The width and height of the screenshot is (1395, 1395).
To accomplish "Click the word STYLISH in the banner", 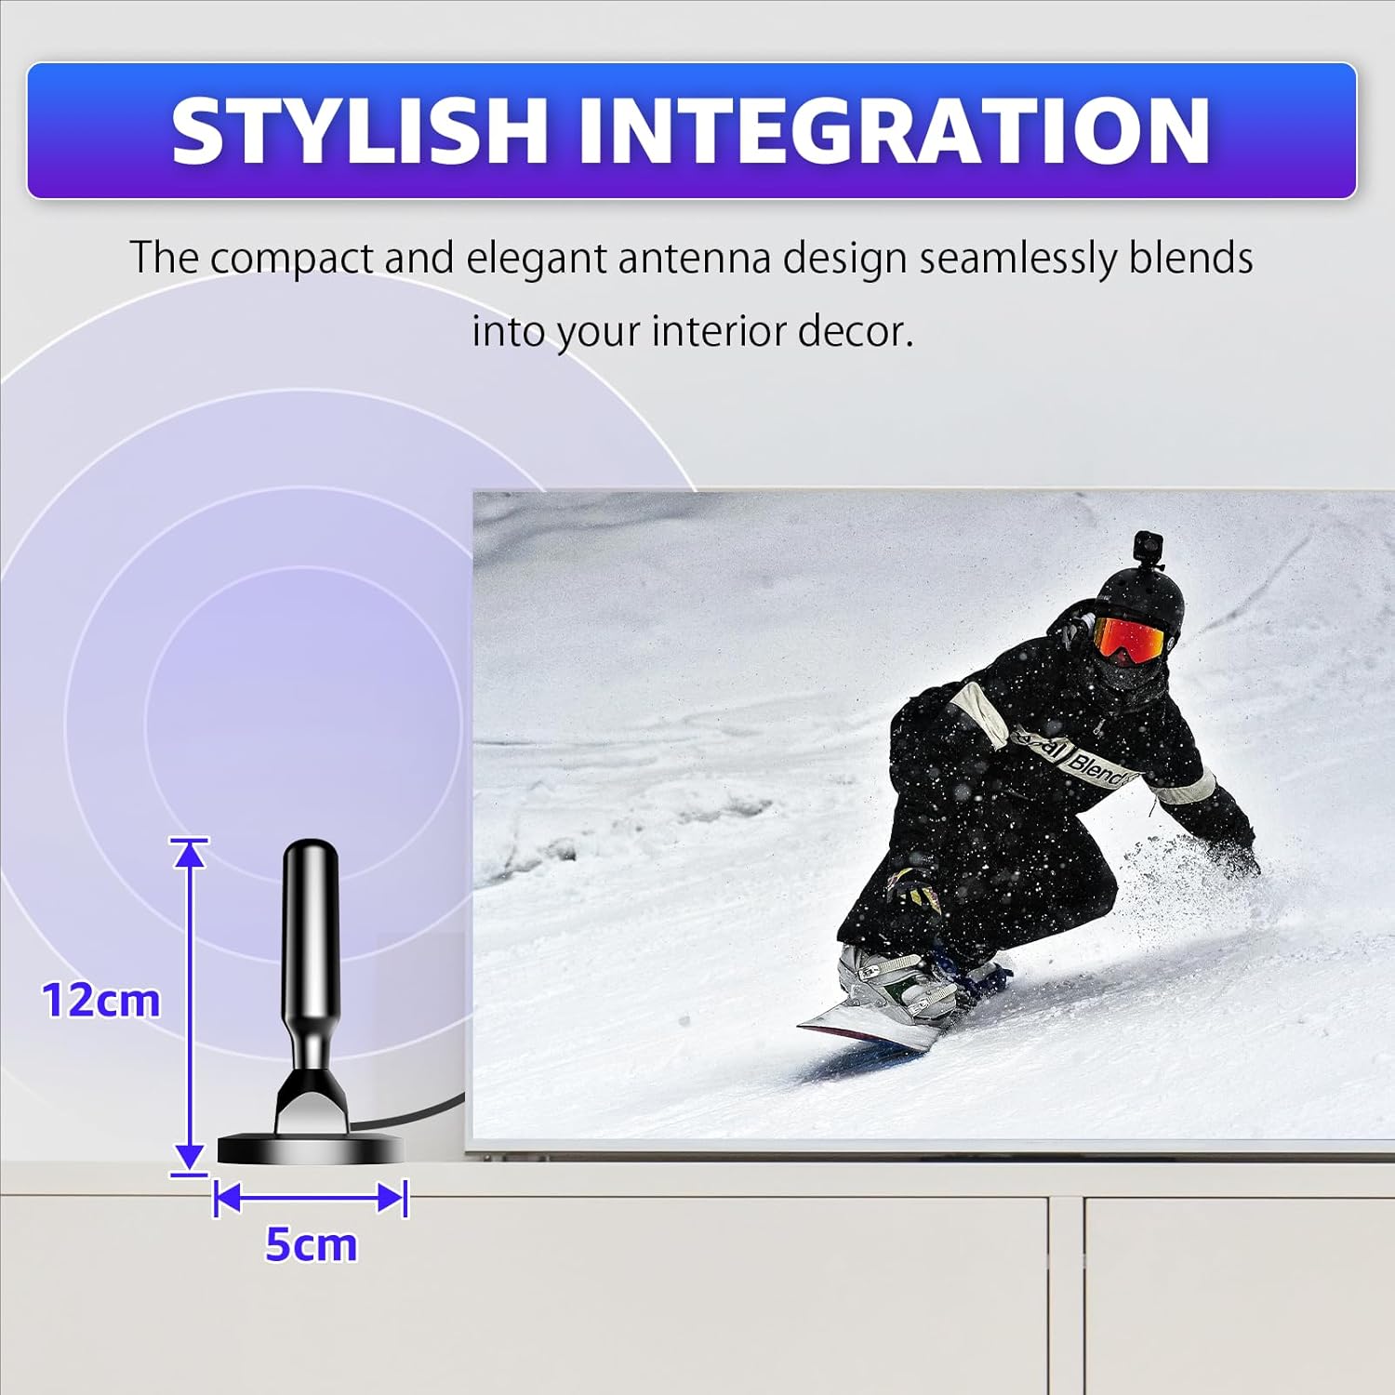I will coord(358,131).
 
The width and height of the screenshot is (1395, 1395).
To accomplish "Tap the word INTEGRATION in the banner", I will coord(893,131).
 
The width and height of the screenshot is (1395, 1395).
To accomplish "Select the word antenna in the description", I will coord(694,258).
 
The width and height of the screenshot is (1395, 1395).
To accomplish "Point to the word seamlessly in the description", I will coord(1017,258).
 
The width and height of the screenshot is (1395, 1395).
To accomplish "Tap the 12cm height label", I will coord(100,1001).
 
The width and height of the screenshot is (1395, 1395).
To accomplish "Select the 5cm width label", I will coord(311,1244).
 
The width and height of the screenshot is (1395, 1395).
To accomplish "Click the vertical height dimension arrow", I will coord(190,1004).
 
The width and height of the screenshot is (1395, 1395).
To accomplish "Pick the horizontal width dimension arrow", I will coord(311,1198).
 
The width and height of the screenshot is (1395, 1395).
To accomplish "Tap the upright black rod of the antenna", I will coord(311,930).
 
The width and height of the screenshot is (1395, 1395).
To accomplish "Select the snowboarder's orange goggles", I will coord(1127,639).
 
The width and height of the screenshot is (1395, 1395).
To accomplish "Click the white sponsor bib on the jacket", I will coord(1079,761).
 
